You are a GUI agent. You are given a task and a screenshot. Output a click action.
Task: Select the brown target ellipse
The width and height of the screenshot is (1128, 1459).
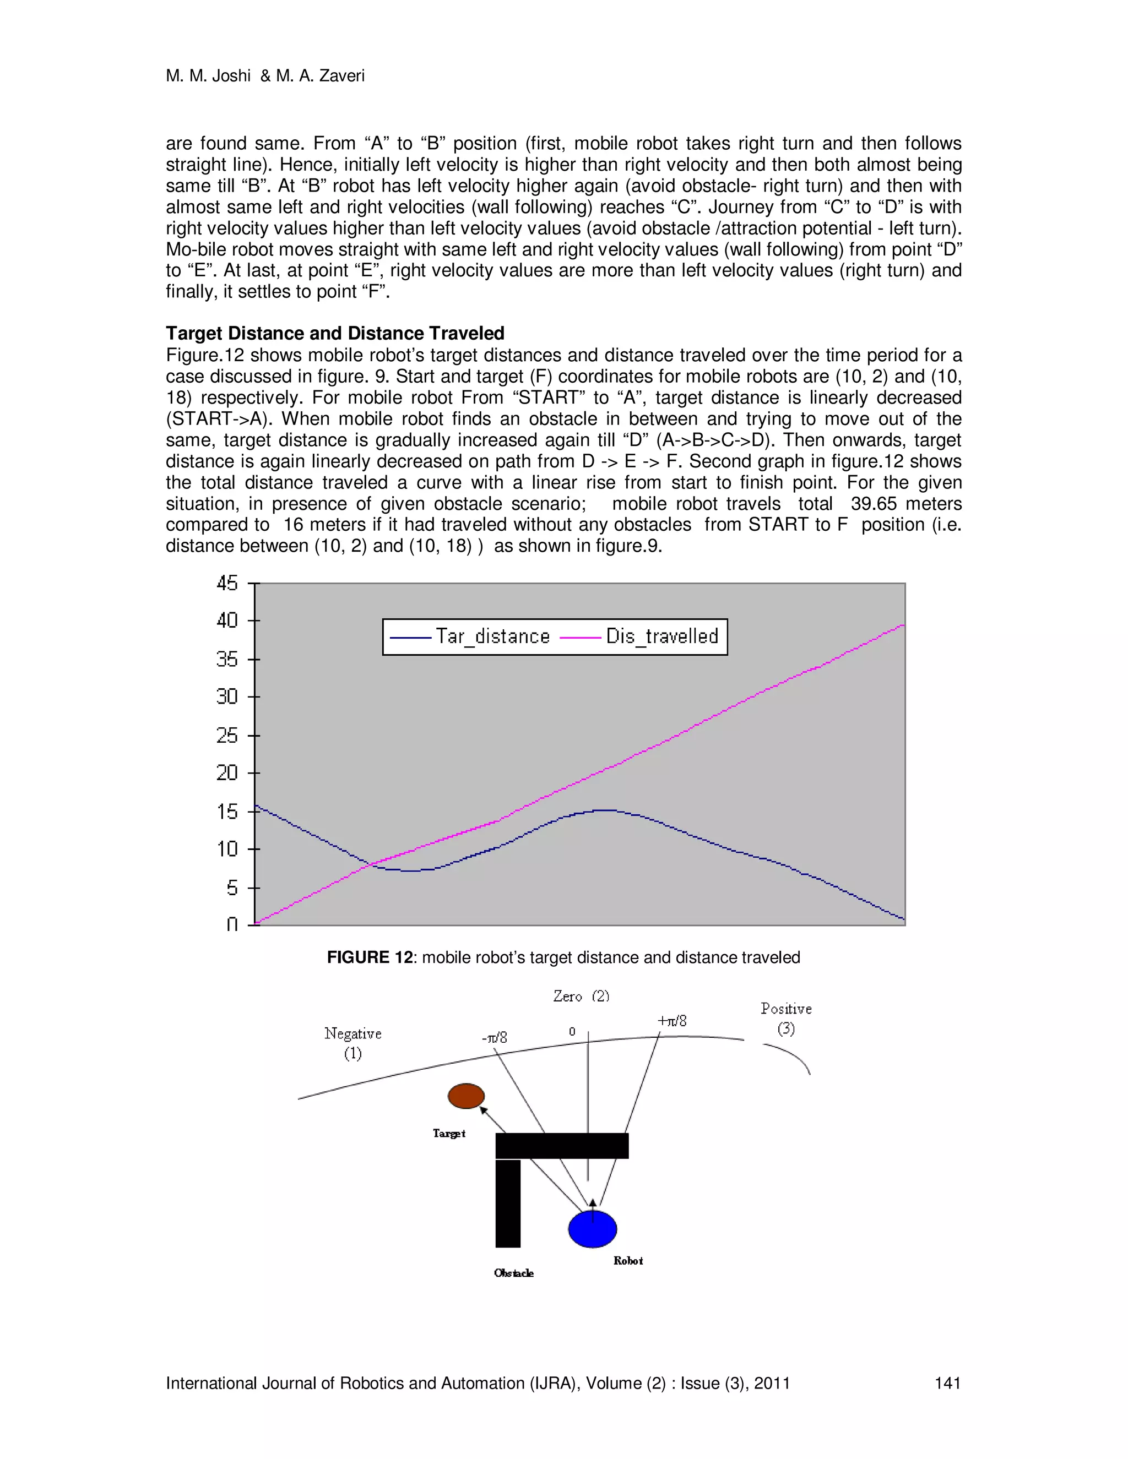pyautogui.click(x=466, y=1096)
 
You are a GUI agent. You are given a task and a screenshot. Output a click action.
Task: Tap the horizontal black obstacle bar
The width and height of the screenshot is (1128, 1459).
pyautogui.click(x=561, y=1146)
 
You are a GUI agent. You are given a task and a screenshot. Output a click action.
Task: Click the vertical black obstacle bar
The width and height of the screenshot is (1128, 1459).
pyautogui.click(x=508, y=1203)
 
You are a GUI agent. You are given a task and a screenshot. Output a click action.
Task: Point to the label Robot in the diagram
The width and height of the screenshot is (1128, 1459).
pyautogui.click(x=628, y=1261)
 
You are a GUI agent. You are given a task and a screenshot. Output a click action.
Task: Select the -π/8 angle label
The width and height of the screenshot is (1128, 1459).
pyautogui.click(x=495, y=1037)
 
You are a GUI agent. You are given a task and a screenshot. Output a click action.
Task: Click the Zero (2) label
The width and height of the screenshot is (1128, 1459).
pyautogui.click(x=581, y=996)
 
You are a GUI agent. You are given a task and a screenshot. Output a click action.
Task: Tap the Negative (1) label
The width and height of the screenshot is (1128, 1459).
pyautogui.click(x=353, y=1043)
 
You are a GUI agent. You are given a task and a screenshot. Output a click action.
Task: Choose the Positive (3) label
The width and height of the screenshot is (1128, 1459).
pyautogui.click(x=786, y=1018)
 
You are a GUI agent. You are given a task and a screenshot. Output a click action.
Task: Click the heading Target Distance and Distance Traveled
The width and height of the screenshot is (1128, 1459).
pyautogui.click(x=335, y=333)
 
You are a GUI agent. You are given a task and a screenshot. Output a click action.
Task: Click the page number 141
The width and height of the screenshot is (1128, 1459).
pyautogui.click(x=947, y=1383)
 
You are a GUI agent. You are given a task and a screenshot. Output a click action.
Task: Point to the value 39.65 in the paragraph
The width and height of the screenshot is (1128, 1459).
pyautogui.click(x=874, y=504)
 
